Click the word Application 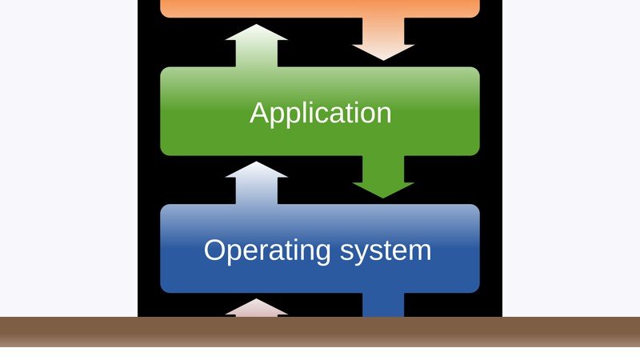tap(321, 114)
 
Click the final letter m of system tap(420, 253)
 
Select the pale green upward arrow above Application tap(256, 46)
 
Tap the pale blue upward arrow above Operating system tap(256, 183)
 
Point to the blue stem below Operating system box tap(383, 305)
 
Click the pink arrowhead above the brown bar tap(256, 309)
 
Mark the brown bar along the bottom tap(320, 332)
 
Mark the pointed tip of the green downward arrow tap(383, 198)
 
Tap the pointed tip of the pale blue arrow tap(256, 162)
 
